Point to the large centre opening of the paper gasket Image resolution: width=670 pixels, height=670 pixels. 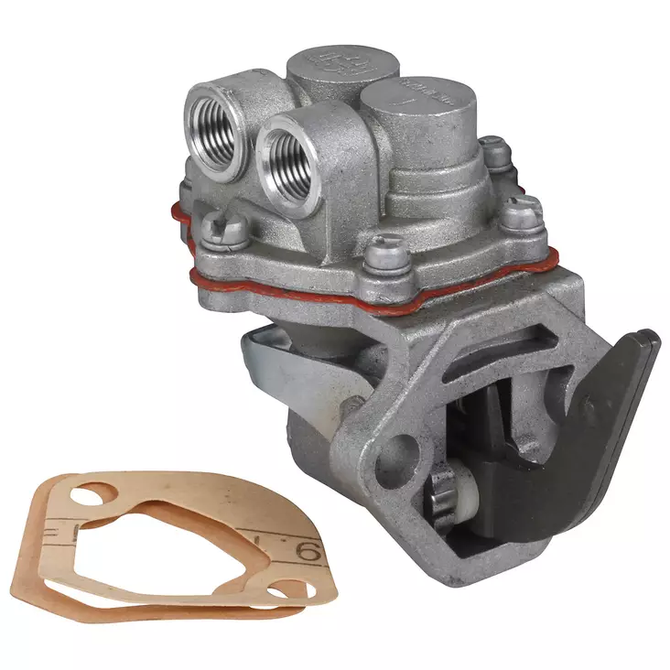[174, 549]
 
